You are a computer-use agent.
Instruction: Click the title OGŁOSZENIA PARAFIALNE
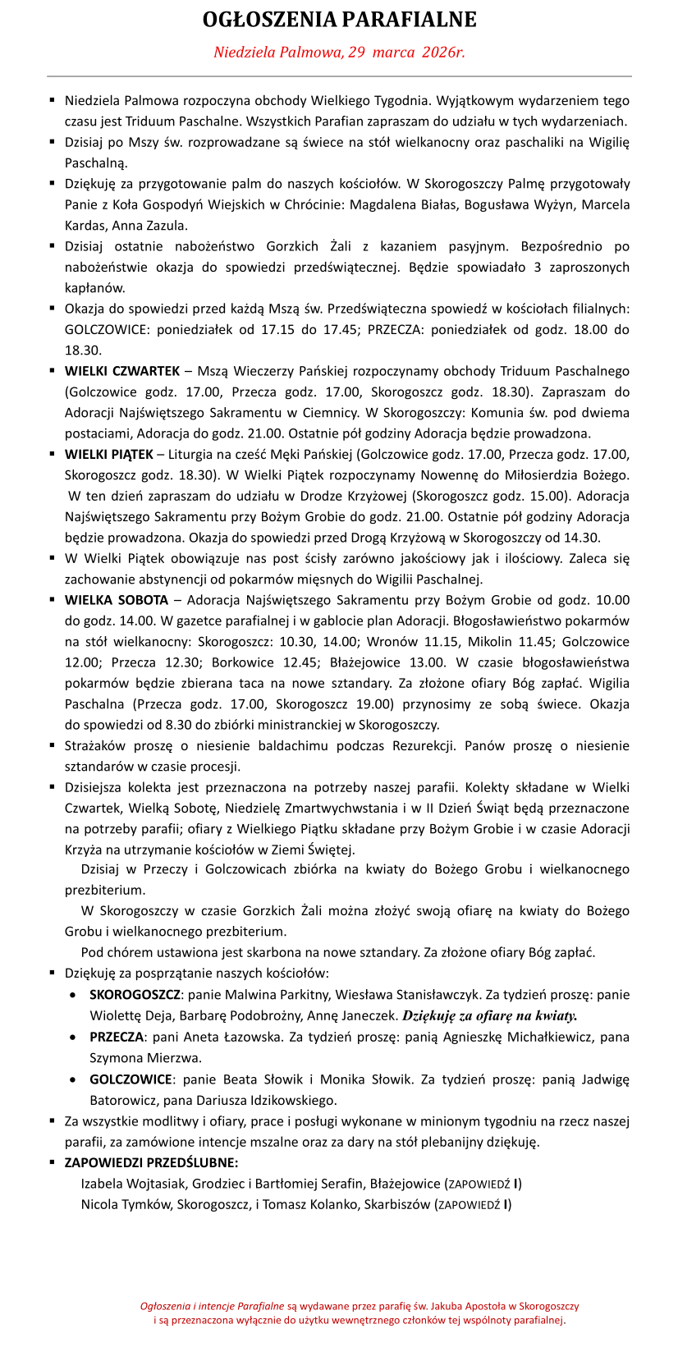click(339, 20)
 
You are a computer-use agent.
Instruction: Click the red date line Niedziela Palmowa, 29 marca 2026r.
click(339, 53)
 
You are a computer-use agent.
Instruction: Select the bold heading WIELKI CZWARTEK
click(122, 371)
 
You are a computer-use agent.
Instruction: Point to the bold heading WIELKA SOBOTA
click(117, 600)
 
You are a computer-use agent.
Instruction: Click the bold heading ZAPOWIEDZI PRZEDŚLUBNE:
click(152, 1162)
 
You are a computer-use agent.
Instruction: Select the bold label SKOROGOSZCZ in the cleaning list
click(135, 995)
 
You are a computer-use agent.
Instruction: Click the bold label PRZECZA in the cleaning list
click(117, 1037)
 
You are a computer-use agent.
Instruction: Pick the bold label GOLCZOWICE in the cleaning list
click(131, 1079)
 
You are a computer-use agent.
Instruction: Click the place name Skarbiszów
click(398, 1204)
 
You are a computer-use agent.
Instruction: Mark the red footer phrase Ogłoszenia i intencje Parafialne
click(212, 1305)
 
